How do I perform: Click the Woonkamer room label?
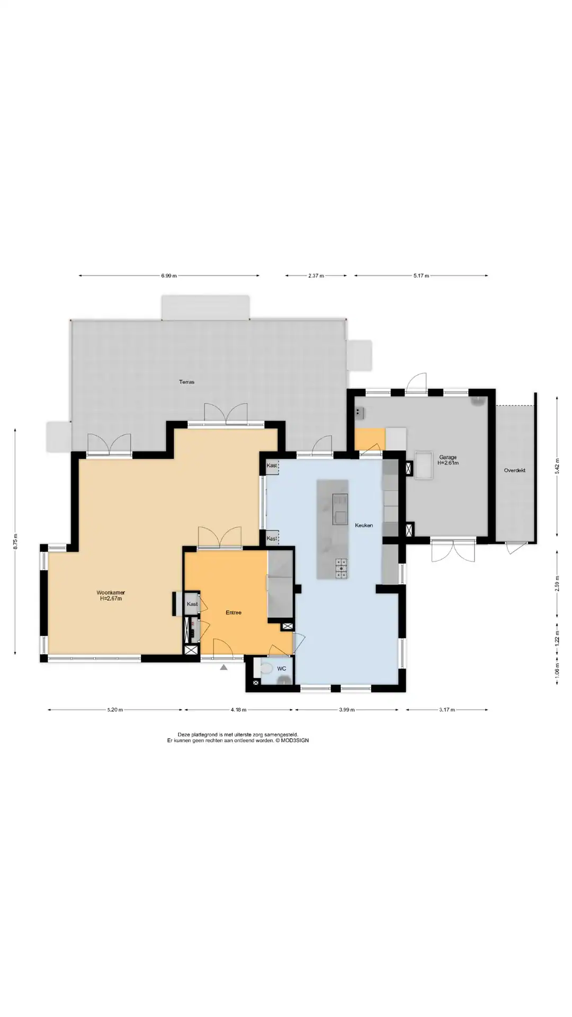[x=111, y=593]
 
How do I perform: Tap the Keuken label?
[x=364, y=525]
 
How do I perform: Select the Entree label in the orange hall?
[x=234, y=612]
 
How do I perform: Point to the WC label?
[x=282, y=668]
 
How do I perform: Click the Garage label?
[x=448, y=457]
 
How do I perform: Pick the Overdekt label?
[x=515, y=470]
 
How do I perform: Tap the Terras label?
[x=186, y=381]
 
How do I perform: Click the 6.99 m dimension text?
[x=169, y=275]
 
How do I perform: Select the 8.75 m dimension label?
[x=15, y=541]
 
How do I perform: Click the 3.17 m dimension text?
[x=447, y=710]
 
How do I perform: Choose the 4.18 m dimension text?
[x=238, y=710]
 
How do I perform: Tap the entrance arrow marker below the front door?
[x=224, y=667]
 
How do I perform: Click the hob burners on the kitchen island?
[x=342, y=568]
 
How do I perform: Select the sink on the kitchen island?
[x=339, y=509]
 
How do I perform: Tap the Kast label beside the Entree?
[x=192, y=604]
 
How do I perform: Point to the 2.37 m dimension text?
[x=316, y=275]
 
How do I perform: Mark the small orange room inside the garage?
[x=370, y=439]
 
